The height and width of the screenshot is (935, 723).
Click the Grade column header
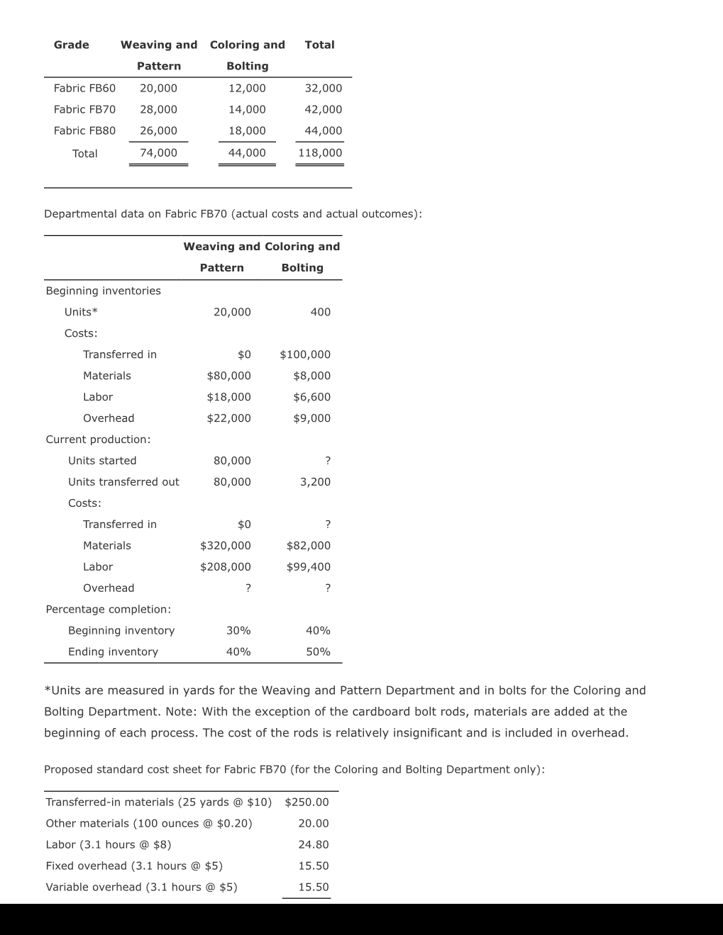[x=72, y=45]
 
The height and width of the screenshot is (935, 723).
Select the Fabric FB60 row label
[x=84, y=88]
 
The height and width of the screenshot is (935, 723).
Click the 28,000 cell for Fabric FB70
[x=158, y=109]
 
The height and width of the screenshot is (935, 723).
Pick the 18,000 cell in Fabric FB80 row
[x=247, y=130]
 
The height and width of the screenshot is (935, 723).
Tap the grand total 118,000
[x=320, y=152]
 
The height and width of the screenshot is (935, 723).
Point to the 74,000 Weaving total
[x=158, y=152]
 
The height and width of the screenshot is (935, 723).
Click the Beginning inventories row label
[x=103, y=291]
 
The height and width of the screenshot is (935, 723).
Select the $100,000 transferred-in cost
[x=305, y=354]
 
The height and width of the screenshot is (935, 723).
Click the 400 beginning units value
[x=320, y=312]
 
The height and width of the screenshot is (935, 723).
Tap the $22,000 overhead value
[x=228, y=418]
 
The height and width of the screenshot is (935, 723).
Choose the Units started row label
[x=102, y=461]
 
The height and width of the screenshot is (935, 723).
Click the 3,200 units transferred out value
[x=315, y=482]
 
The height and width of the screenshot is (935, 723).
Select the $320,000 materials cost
[x=225, y=546]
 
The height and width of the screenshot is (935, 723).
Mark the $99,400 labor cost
[x=308, y=567]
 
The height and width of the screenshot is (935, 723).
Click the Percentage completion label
[x=108, y=610]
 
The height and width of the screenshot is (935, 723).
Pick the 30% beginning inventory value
[x=238, y=631]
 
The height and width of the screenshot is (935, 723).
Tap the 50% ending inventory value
[x=318, y=652]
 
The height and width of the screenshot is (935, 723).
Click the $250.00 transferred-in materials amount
[x=307, y=802]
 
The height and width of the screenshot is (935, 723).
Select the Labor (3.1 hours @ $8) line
[x=108, y=845]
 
